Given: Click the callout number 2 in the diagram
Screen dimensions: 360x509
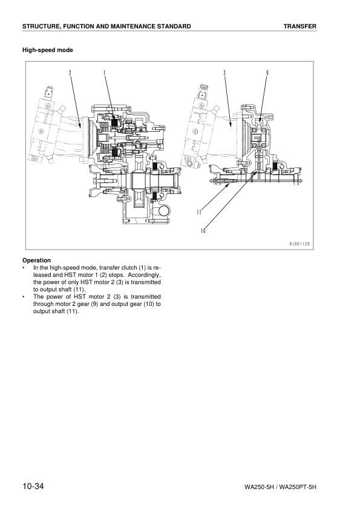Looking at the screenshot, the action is coord(70,73).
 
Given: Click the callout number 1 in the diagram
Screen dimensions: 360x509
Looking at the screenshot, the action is coord(104,73).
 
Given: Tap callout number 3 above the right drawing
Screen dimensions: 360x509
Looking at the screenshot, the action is coord(224,73).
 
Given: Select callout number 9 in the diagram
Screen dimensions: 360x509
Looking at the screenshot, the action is coord(267,73).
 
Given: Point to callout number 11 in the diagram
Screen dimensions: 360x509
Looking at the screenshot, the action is coord(199,212).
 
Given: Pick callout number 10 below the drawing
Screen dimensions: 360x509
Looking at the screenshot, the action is coord(203,231).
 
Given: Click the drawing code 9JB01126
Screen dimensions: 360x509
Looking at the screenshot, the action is coord(299,244).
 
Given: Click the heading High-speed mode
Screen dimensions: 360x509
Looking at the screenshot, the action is coord(47,50).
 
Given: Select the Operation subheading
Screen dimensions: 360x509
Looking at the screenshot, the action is coord(36,261).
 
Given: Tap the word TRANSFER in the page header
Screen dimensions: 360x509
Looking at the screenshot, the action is coord(300,26).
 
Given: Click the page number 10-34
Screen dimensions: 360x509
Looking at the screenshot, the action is coord(33,486).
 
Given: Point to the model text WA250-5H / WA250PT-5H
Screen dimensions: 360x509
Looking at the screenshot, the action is coord(280,487).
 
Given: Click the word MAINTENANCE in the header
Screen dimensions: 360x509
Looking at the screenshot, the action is coord(133,26).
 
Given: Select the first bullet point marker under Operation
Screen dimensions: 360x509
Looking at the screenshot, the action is coord(24,268).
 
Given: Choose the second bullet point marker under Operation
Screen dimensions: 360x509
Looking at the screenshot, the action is coord(24,297).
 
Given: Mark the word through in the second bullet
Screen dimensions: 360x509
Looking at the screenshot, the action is coord(43,304).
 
